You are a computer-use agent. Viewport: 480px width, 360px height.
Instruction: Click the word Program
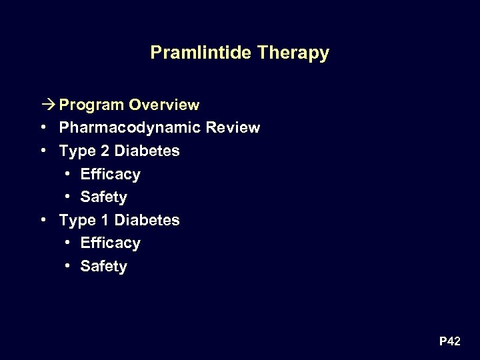click(x=91, y=105)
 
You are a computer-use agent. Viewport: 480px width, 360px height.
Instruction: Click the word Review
click(x=234, y=127)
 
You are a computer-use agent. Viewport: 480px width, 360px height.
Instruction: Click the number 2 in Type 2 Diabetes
click(x=105, y=151)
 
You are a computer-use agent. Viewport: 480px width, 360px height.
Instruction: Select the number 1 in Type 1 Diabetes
click(x=105, y=220)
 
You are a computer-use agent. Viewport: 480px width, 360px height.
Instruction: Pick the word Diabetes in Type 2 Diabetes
click(x=147, y=151)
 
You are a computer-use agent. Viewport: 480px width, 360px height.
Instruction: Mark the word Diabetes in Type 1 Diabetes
click(x=147, y=220)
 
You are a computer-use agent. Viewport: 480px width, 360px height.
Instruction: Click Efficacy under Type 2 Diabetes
click(x=110, y=174)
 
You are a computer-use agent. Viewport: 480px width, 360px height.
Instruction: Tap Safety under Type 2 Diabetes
click(x=103, y=197)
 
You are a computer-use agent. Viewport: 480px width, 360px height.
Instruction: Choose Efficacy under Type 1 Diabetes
click(x=110, y=243)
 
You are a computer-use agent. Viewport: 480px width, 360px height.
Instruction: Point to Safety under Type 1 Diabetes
click(x=103, y=267)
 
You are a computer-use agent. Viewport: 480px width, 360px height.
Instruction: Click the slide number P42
click(x=449, y=342)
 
